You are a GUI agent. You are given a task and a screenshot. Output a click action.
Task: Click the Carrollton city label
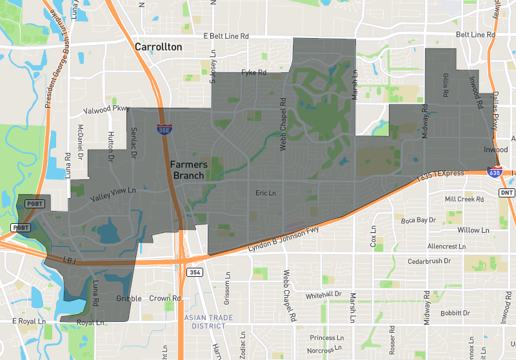(x=158, y=47)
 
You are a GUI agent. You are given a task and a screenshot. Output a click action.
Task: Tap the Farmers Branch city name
(x=188, y=170)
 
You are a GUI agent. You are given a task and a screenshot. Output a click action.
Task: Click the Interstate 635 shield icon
(x=495, y=173)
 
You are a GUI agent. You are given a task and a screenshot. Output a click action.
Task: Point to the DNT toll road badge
(x=508, y=192)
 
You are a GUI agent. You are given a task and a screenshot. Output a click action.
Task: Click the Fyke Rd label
(x=253, y=73)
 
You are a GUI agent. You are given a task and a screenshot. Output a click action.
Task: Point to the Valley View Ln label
(x=113, y=191)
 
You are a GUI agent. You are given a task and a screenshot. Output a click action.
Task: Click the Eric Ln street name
(x=265, y=193)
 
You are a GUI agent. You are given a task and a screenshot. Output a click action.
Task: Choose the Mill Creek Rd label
(x=464, y=199)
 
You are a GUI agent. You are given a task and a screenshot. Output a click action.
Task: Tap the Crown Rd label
(x=164, y=299)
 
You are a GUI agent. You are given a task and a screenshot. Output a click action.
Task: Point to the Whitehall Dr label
(x=323, y=294)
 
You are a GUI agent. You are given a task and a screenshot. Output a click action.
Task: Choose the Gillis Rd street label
(x=446, y=85)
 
